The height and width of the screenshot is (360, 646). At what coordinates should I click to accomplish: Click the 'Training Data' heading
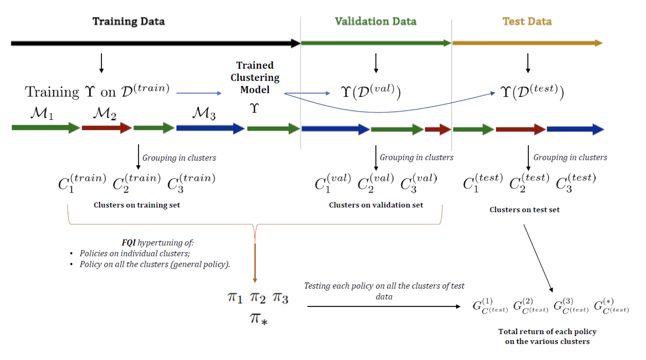128,21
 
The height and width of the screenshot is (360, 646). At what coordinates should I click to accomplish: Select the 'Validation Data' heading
375,21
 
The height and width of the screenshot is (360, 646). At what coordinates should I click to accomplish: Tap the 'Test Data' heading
527,21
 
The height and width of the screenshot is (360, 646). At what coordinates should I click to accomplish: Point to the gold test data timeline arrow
527,43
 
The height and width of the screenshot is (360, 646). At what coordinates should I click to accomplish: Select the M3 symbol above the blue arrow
204,114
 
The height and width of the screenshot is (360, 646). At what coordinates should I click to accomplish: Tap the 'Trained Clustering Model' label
255,77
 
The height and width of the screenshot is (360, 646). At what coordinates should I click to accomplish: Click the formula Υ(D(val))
371,91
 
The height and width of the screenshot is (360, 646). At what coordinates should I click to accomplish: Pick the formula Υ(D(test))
532,91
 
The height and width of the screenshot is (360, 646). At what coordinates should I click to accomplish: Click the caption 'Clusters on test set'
524,210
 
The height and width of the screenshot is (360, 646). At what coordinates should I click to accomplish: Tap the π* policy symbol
258,319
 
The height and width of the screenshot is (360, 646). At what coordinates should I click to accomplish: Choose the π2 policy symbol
257,298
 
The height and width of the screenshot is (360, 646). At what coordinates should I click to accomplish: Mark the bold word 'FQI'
128,243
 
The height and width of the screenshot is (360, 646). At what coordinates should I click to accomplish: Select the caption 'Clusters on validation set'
376,205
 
